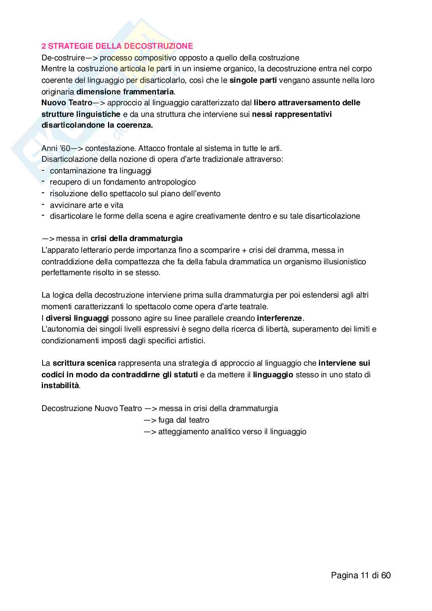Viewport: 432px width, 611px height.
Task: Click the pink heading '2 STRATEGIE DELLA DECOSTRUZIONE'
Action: (x=117, y=46)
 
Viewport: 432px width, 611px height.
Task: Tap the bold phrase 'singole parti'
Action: (x=253, y=80)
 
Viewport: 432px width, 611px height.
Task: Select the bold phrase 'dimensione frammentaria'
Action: (x=125, y=92)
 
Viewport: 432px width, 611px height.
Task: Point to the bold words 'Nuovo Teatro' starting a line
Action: (x=67, y=103)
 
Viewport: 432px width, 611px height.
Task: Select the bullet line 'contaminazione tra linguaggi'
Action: (x=100, y=171)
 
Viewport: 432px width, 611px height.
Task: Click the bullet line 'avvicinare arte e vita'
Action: (x=86, y=205)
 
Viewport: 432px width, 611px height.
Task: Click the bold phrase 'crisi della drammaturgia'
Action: (x=136, y=238)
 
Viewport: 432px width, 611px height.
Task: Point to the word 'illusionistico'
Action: (x=343, y=262)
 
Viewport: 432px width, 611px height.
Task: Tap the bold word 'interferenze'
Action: (x=279, y=318)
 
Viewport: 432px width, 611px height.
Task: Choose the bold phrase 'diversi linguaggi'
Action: (x=77, y=318)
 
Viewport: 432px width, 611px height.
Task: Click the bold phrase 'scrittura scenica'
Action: (x=84, y=363)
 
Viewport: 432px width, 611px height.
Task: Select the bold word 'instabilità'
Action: (x=60, y=386)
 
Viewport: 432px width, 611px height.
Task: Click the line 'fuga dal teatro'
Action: (x=183, y=420)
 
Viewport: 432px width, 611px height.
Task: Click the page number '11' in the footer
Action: (x=365, y=575)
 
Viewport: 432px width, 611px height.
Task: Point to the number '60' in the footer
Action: (x=386, y=575)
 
